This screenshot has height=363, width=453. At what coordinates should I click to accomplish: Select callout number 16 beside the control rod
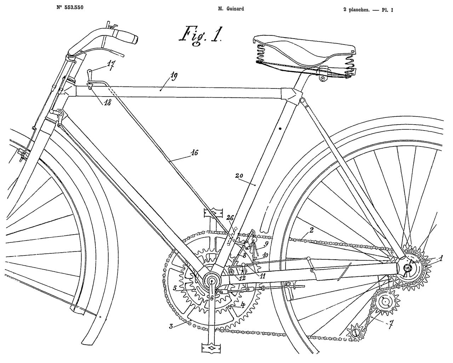point(194,153)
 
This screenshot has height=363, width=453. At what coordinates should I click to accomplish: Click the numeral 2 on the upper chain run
point(311,231)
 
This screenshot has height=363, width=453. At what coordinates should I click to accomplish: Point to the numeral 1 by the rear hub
point(441,258)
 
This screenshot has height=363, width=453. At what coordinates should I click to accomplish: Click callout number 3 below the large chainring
point(171,327)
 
